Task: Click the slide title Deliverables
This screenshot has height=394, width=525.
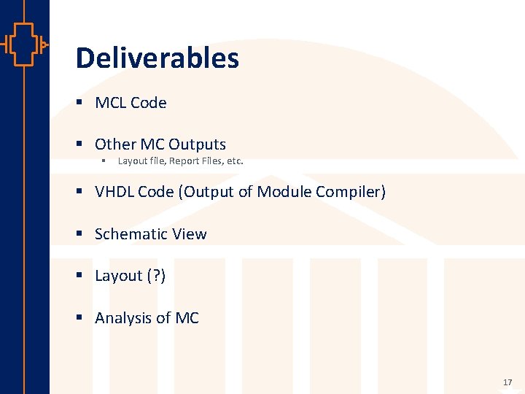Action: pos(157,58)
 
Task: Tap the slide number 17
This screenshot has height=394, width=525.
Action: pos(507,382)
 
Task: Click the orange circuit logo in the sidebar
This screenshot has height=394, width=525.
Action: pos(25,45)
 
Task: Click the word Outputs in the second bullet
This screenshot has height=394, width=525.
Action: pos(198,144)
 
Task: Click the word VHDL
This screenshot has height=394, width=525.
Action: pos(114,192)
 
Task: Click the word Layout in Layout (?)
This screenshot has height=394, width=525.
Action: pos(119,276)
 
